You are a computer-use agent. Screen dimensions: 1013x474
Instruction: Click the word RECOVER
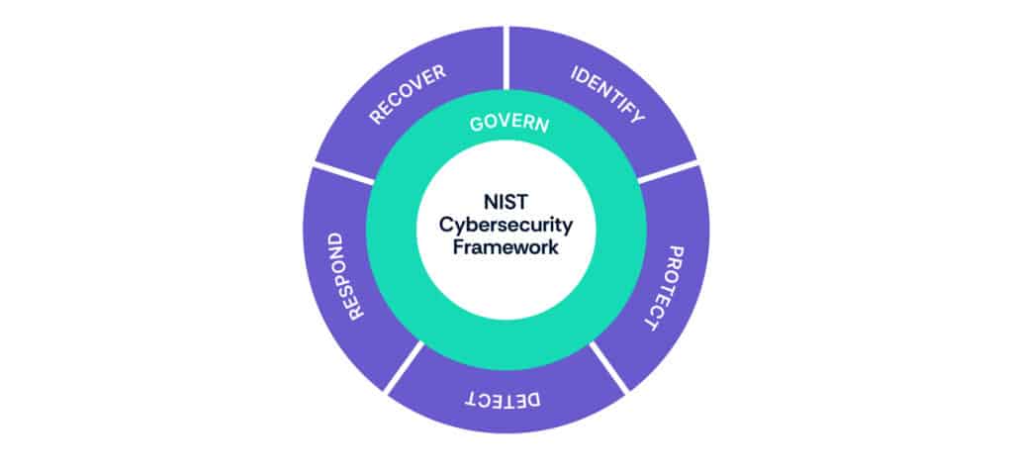(x=407, y=96)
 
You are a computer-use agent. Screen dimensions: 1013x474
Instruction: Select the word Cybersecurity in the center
(x=506, y=225)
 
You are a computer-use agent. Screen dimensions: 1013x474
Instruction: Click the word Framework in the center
(x=506, y=247)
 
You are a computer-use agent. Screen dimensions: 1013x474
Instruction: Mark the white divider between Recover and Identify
(x=506, y=59)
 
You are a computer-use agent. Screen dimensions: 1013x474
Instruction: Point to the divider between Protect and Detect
(x=608, y=367)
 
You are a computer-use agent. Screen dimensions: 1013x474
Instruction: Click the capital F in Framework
(x=458, y=247)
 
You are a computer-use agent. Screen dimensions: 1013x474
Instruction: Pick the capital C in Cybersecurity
(x=445, y=224)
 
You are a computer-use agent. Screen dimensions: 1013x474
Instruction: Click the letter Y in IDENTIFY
(x=637, y=117)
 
